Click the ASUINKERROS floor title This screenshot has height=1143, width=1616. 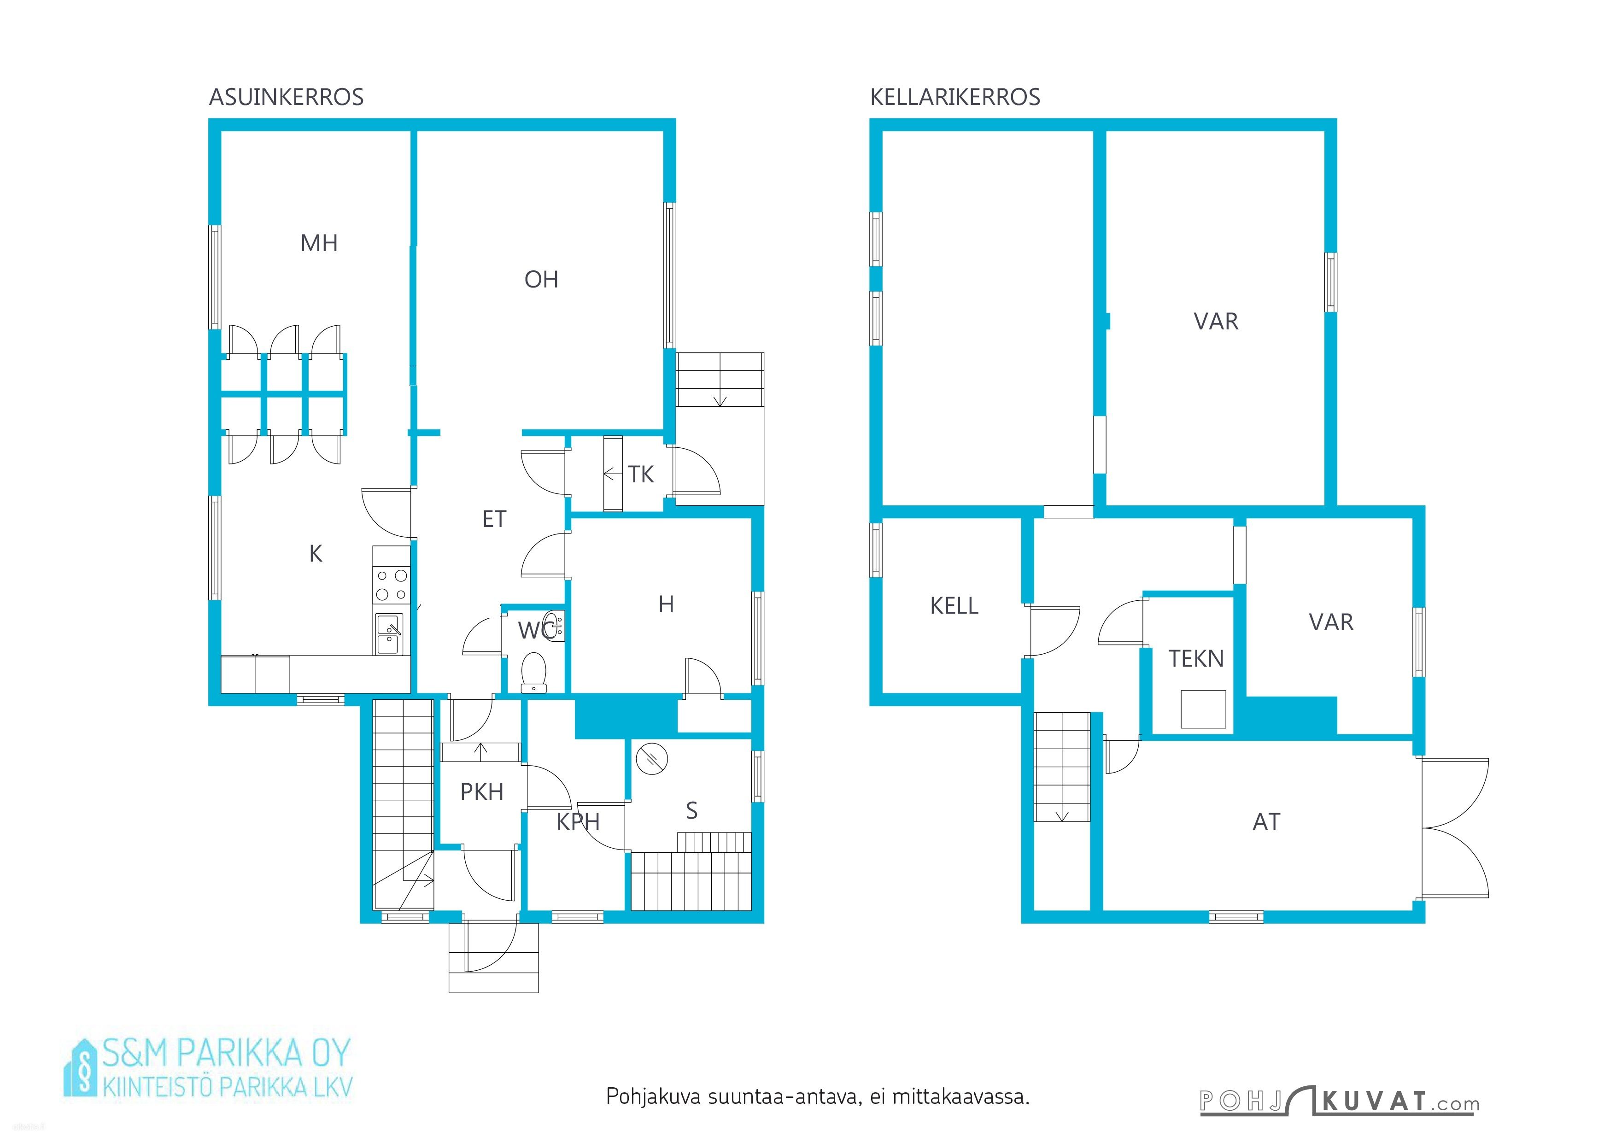(x=287, y=97)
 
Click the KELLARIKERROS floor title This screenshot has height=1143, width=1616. (x=955, y=97)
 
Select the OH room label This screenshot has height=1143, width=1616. (x=541, y=280)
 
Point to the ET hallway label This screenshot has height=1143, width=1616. (x=494, y=519)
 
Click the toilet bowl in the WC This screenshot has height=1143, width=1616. (x=533, y=673)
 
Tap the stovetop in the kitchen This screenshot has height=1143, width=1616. (x=391, y=586)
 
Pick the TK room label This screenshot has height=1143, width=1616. (x=641, y=475)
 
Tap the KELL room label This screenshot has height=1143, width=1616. (x=954, y=606)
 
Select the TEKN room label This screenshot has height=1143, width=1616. (x=1196, y=659)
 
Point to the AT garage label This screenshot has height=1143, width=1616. (x=1267, y=822)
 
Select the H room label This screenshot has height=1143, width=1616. (x=666, y=604)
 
